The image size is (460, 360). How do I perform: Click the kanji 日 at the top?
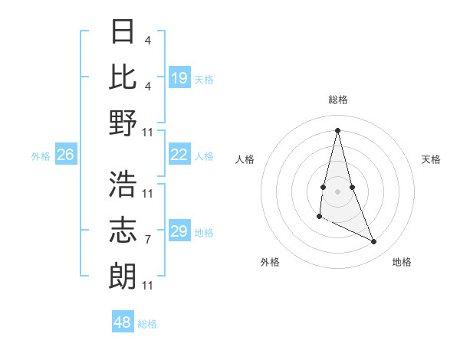pos(123,31)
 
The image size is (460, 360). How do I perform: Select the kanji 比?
pos(123,77)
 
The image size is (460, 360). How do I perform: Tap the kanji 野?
pos(123,123)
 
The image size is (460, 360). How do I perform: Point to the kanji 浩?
pos(123,184)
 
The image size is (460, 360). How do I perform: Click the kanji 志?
pos(123,230)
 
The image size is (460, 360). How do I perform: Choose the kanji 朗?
pos(123,276)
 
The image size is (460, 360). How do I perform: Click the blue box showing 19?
pos(179,77)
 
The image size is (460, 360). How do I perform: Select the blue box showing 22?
pos(179,155)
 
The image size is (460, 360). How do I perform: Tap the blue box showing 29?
pos(179,231)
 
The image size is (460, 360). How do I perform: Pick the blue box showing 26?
pos(65,155)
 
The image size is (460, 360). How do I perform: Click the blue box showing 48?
pos(123,322)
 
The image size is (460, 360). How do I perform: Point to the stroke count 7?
pos(148,240)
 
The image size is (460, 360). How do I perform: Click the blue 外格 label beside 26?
pos(41,155)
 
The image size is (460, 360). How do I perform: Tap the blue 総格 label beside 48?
pos(147,323)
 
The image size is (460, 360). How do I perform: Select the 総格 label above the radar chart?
pos(337,100)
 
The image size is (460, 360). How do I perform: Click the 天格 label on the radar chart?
pos(431,159)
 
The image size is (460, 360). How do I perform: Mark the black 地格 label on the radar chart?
pos(402,262)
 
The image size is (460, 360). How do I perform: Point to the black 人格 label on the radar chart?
pos(245,159)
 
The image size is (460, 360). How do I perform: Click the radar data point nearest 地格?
pos(374,242)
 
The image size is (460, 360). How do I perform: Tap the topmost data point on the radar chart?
pos(337,129)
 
